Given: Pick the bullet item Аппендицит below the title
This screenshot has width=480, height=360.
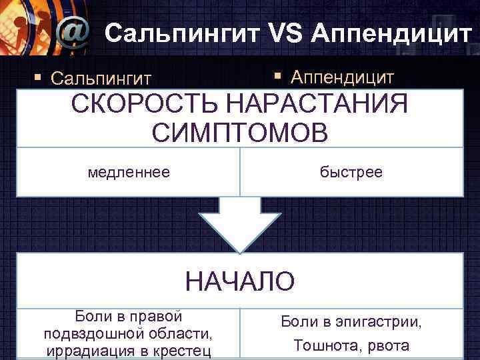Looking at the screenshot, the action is (x=342, y=77).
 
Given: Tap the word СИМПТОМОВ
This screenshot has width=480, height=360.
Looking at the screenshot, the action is (x=239, y=131).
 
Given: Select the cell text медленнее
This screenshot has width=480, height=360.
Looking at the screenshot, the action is (x=129, y=172).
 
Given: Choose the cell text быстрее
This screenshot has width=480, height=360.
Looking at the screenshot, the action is (x=351, y=172).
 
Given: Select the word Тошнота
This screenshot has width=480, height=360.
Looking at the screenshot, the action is (x=321, y=347).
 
